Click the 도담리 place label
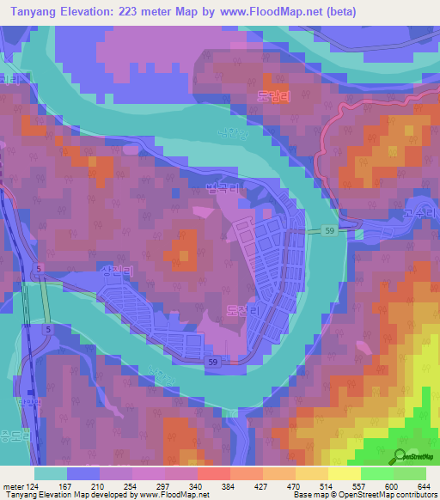pos(274,98)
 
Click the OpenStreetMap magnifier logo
pos(401,456)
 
